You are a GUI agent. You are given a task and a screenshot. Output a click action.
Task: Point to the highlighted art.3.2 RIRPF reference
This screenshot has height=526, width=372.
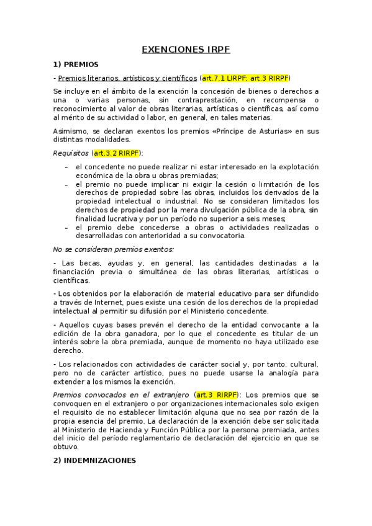(117, 153)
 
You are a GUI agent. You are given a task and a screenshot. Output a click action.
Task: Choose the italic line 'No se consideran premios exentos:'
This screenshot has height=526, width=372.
(104, 249)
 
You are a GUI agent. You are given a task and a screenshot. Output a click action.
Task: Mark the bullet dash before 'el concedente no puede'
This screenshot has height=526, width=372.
(66, 167)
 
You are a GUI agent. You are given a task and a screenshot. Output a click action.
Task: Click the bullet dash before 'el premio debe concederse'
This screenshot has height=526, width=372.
(66, 228)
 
